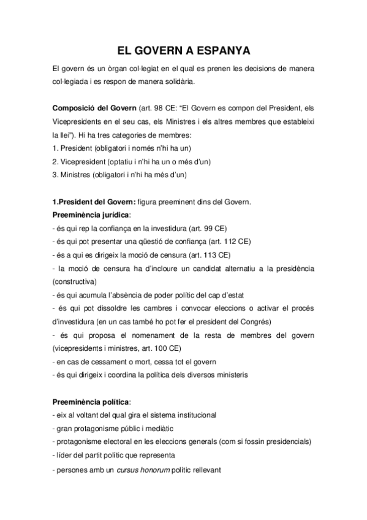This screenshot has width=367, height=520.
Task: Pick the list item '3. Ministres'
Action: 73,174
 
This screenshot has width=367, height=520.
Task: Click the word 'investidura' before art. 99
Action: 167,228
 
